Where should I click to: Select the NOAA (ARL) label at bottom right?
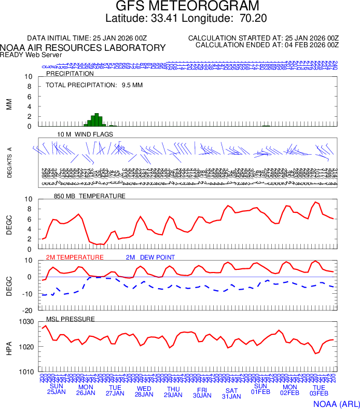[336, 403]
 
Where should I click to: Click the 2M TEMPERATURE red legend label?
[75, 257]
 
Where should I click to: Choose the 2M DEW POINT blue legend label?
[150, 257]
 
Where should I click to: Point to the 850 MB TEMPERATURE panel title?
[90, 196]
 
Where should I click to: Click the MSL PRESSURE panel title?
[71, 319]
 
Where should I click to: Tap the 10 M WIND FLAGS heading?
[85, 134]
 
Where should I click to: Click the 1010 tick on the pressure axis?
[26, 372]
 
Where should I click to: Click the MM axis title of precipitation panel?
[9, 104]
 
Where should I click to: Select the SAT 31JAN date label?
[231, 393]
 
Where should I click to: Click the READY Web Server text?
[31, 54]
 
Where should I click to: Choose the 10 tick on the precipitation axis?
[29, 77]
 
